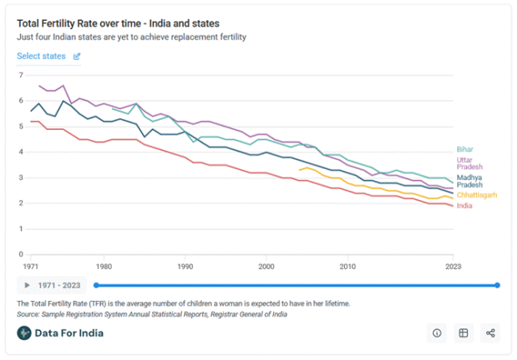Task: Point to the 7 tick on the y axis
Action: tap(21, 75)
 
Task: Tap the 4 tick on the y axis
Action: tap(21, 152)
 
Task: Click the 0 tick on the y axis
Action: tap(21, 254)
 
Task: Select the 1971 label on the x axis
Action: tap(32, 266)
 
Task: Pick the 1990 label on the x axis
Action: tap(185, 266)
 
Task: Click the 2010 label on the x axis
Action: tap(347, 266)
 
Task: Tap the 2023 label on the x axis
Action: tap(452, 266)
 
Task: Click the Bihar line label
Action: tap(466, 149)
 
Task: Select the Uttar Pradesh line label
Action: tap(469, 164)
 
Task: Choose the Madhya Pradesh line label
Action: tap(471, 182)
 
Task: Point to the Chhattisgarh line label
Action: tap(477, 195)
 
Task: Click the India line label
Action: tap(466, 206)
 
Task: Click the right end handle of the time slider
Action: tap(497, 285)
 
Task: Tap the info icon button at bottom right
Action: tap(437, 333)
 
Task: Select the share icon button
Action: tap(490, 333)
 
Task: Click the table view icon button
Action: tap(464, 333)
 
